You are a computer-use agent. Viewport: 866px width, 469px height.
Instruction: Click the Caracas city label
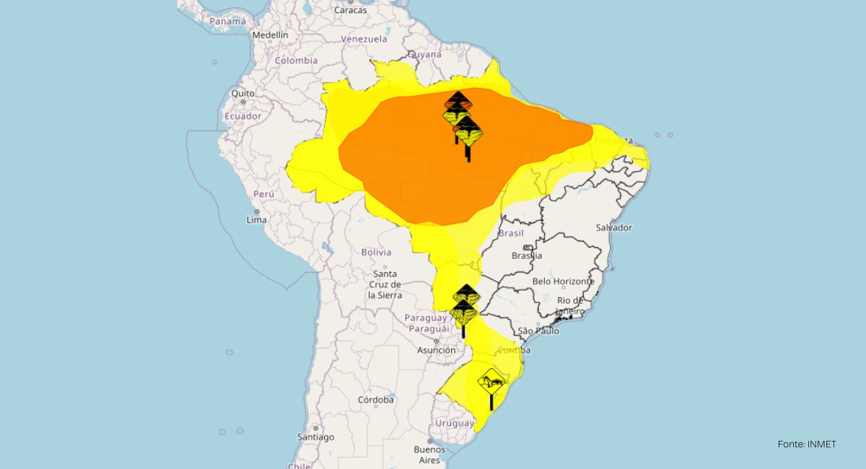pos(351,10)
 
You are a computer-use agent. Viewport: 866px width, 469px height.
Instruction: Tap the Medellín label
pos(270,35)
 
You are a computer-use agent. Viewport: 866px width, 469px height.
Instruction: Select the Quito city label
pos(242,93)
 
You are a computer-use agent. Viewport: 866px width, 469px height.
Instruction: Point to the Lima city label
pos(256,219)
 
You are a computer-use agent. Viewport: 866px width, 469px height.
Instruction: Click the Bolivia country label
pos(376,252)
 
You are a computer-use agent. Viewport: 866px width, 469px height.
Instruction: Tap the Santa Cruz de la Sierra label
pos(385,284)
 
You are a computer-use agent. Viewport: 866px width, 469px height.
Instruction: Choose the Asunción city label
pos(436,350)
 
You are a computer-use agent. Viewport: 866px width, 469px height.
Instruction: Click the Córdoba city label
pos(376,400)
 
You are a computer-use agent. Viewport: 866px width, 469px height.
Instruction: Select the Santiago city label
pos(315,437)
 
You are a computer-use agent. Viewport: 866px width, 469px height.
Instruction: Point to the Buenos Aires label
pos(429,455)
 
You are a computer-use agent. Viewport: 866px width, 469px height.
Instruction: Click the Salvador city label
pos(613,227)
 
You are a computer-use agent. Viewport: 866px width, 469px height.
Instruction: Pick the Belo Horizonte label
pos(563,281)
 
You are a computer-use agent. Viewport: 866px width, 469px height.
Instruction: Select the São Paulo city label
pos(539,331)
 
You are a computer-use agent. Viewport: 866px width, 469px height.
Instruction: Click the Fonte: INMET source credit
pos(806,444)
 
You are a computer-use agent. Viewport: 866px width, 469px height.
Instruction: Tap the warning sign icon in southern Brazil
pos(491,380)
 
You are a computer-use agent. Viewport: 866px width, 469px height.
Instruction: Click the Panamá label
pos(228,22)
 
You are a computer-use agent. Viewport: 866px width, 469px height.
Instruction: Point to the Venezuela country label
pos(364,39)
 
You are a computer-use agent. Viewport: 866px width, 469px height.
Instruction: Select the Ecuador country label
pos(242,116)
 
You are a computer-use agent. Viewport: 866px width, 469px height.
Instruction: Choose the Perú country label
pos(263,194)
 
